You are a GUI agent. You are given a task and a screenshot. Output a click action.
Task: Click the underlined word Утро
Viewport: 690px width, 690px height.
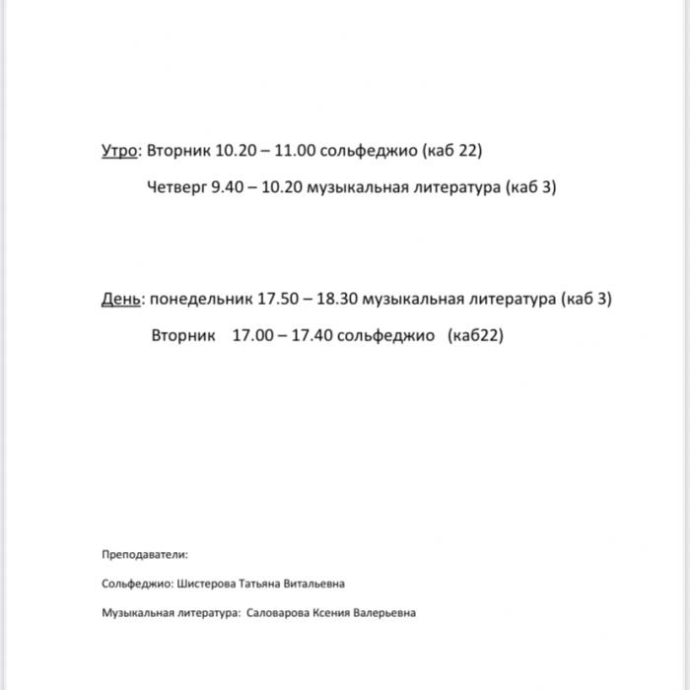(121, 151)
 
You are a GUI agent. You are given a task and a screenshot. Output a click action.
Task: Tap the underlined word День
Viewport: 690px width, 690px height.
(121, 299)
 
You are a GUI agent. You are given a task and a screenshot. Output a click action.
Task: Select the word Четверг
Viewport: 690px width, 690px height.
(176, 186)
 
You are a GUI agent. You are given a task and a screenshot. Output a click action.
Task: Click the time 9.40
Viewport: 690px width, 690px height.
(226, 186)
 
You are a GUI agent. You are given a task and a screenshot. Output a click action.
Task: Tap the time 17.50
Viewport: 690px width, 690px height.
(278, 299)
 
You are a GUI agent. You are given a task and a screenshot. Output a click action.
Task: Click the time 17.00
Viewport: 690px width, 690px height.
(253, 335)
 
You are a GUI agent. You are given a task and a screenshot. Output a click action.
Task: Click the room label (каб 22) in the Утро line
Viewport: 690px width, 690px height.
(451, 151)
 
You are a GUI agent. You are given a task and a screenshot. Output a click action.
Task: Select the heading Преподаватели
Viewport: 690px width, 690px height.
(144, 555)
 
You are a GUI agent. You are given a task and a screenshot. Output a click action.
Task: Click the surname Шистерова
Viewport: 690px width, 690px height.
(207, 584)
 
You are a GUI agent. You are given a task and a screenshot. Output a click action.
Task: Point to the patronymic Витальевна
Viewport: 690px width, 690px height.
(314, 584)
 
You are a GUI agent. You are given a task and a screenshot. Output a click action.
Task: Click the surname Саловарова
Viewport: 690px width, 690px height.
(278, 612)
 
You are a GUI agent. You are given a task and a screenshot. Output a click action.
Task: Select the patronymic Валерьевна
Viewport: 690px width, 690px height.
(385, 612)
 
